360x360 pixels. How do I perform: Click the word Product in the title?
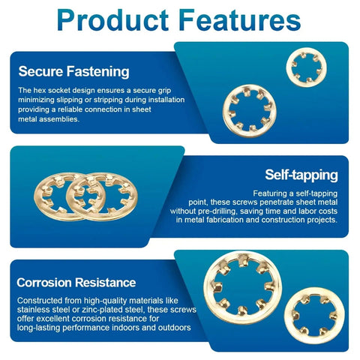112,20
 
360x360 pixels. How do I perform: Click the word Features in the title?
239,20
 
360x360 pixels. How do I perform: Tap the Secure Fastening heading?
73,71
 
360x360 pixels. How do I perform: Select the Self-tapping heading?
301,175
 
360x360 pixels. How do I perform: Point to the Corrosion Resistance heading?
76,283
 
